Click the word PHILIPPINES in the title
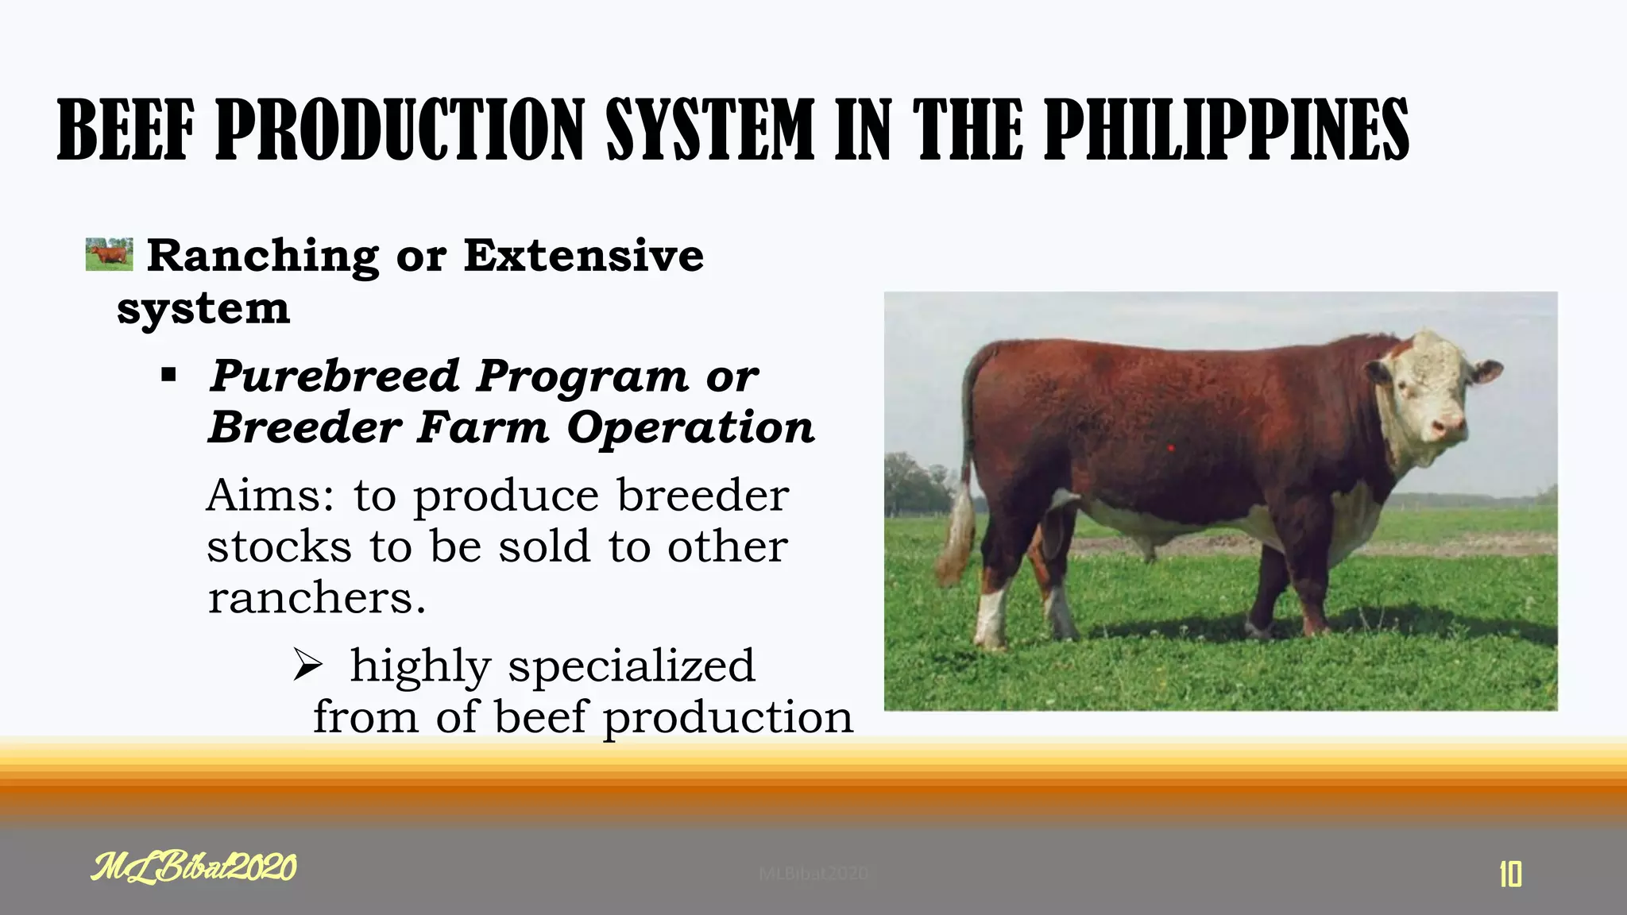1226,129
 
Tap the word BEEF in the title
126,129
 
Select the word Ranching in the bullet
263,256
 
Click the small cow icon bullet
109,253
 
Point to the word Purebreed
334,376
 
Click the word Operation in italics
690,427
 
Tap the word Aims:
270,496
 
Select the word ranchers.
315,598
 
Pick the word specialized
632,666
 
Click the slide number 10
1510,874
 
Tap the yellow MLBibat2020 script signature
194,867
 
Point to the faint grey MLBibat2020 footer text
813,874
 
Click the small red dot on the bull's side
1171,449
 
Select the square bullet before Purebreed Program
168,375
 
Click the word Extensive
584,256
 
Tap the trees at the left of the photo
914,485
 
